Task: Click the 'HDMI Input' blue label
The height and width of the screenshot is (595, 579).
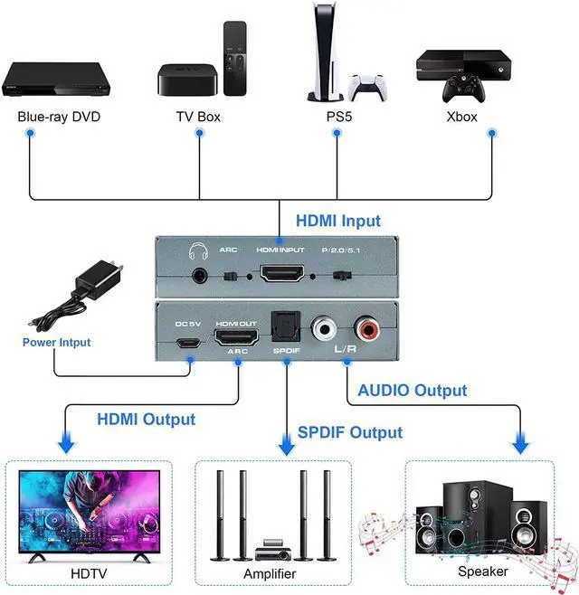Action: tap(338, 221)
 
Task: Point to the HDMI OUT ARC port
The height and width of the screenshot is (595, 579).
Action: tap(236, 338)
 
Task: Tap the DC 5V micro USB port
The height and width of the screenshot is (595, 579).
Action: tap(189, 344)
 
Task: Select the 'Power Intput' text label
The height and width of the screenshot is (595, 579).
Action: tap(57, 343)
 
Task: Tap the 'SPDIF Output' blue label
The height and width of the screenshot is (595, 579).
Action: tap(349, 432)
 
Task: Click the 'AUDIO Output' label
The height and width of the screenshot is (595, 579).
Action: tap(412, 391)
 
